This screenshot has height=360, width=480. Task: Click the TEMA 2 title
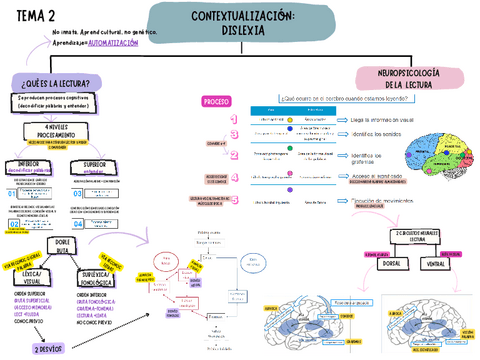tap(34, 13)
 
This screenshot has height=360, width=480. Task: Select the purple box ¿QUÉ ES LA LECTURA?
tap(55, 82)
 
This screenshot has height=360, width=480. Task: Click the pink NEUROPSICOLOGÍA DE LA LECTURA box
tap(407, 79)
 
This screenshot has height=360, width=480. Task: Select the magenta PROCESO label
tap(216, 102)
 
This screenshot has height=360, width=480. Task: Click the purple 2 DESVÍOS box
tap(50, 350)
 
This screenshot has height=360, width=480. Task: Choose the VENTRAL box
tap(436, 263)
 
